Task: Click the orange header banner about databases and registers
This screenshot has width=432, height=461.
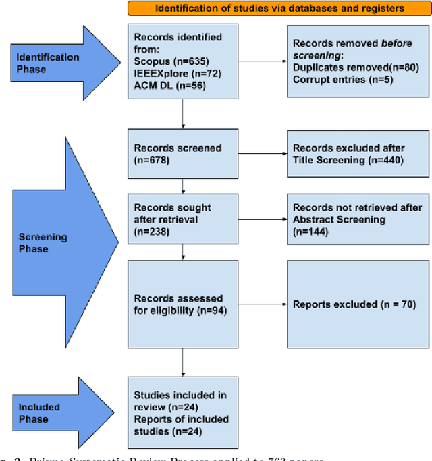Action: [x=279, y=9]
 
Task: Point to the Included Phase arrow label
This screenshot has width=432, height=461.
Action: [x=40, y=413]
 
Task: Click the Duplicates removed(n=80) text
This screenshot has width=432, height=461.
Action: [x=346, y=67]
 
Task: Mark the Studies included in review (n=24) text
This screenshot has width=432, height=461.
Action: [x=180, y=401]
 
